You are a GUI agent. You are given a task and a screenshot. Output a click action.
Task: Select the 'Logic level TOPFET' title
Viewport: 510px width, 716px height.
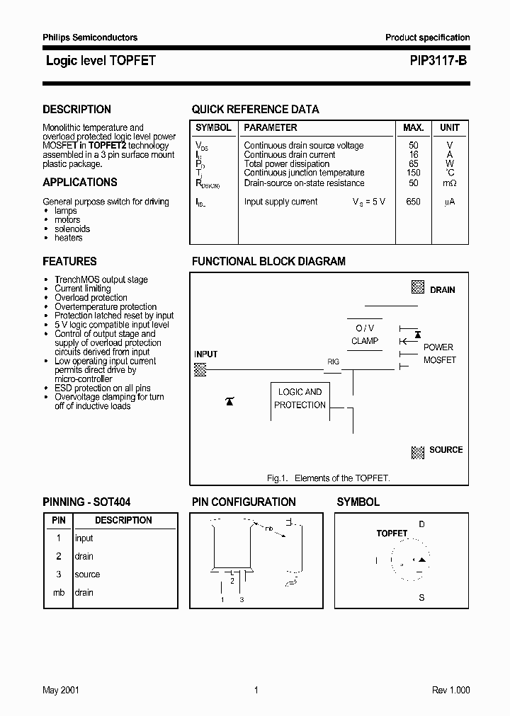click(x=101, y=62)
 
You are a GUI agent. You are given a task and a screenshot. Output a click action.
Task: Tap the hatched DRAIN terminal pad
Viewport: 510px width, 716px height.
click(x=418, y=288)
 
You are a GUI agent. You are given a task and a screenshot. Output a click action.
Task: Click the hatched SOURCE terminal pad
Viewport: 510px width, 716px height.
click(x=418, y=451)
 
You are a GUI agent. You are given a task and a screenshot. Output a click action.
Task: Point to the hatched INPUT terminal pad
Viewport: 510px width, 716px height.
click(x=200, y=369)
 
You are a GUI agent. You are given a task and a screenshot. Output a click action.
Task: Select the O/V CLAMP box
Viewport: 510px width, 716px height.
click(x=365, y=335)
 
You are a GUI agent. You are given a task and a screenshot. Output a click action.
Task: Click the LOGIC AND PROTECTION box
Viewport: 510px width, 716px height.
click(x=300, y=398)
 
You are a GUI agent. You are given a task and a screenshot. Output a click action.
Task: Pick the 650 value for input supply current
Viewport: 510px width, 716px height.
click(x=413, y=202)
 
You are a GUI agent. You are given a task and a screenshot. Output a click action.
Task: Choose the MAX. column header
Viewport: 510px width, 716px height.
click(x=413, y=128)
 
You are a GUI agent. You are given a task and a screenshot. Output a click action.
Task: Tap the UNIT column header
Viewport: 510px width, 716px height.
click(x=449, y=128)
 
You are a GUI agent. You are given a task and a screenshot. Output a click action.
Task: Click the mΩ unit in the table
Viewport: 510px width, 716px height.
click(x=449, y=183)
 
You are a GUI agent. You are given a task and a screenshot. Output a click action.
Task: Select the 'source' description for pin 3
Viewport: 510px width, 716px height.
click(x=87, y=574)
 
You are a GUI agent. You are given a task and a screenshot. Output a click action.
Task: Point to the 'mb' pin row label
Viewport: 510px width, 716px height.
click(x=59, y=593)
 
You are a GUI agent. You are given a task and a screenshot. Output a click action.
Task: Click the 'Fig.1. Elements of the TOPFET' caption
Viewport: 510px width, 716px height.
click(x=328, y=478)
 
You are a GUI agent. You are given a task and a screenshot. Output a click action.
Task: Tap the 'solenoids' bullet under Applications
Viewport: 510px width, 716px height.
click(x=72, y=229)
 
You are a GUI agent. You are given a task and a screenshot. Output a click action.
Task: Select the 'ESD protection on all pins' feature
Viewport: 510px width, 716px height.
click(x=103, y=388)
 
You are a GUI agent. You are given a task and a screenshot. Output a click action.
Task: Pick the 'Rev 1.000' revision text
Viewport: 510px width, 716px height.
click(x=450, y=691)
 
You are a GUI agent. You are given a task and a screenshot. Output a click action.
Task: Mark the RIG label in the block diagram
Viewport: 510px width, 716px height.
click(x=333, y=362)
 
